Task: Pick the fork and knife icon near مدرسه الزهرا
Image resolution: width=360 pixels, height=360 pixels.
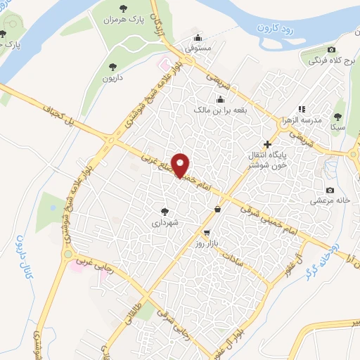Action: (x=302, y=109)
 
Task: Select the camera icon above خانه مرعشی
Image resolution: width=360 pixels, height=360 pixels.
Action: (x=330, y=190)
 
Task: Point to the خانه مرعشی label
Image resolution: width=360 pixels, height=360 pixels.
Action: (x=330, y=201)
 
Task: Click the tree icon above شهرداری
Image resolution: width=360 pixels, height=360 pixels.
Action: (x=165, y=211)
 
